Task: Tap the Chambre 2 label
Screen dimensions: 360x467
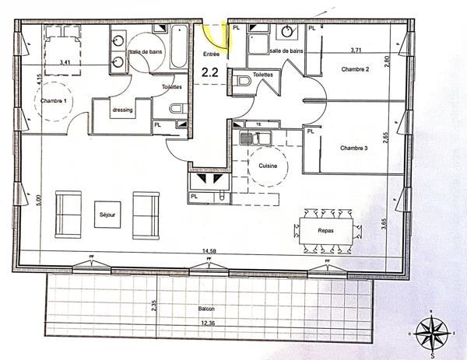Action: coord(355,70)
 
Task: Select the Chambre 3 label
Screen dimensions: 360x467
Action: coord(354,147)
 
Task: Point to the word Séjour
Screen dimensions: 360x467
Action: coord(107,213)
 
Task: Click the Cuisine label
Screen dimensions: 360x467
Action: coord(269,166)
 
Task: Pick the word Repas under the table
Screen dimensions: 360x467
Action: coord(327,231)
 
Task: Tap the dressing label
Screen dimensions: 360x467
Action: coord(123,110)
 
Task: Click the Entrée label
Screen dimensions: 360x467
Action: coord(211,54)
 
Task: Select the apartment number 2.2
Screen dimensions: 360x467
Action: coord(210,72)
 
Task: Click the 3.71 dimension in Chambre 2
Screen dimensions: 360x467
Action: coord(356,50)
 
